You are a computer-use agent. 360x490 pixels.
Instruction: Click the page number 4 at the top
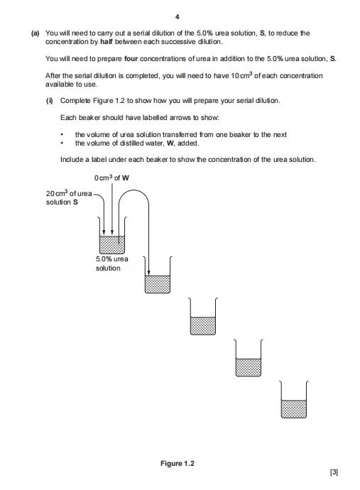coord(178,17)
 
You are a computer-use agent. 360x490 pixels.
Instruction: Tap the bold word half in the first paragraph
coord(107,42)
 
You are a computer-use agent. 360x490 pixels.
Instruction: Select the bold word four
coord(131,59)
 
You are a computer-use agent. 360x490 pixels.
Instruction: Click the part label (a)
coord(36,33)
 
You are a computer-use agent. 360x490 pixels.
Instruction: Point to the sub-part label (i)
coord(50,101)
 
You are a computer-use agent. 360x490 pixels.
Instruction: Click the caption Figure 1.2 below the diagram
coord(178,464)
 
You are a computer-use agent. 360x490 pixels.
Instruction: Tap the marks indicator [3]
coord(334,472)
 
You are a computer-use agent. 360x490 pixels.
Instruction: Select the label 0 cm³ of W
coord(111,178)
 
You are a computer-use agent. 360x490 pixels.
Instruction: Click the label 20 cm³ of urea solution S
coord(69,198)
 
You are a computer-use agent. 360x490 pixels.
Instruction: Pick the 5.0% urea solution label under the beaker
coord(112,263)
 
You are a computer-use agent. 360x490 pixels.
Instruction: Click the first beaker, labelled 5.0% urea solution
coord(112,235)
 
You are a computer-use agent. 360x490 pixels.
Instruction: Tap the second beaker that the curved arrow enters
coord(158,275)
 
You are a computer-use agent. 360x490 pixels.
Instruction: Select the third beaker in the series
coord(203,316)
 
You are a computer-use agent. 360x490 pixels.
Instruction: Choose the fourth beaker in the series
coord(249,358)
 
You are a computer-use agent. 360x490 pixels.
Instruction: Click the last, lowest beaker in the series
coord(294,399)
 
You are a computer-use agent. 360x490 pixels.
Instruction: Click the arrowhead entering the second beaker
coord(148,273)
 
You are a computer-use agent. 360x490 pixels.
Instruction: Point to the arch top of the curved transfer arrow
coord(133,190)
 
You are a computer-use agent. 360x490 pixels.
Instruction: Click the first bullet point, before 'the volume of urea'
coord(62,135)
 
